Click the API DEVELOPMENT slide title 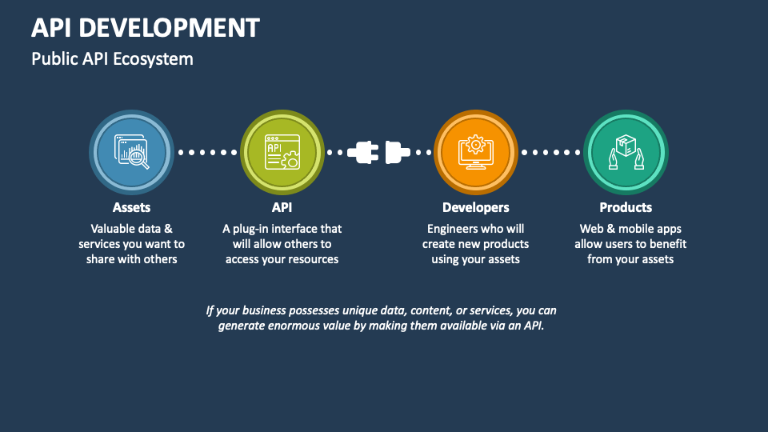[146, 27]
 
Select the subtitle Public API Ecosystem [112, 58]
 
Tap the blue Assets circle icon [131, 152]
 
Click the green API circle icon [282, 152]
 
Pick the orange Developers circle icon [475, 152]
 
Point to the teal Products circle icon [626, 152]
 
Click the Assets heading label [131, 207]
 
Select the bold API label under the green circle [282, 207]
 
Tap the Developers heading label [475, 208]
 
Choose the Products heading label [626, 207]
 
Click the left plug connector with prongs [363, 152]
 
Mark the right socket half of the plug [398, 152]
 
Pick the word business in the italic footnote [263, 310]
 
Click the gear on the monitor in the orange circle [475, 145]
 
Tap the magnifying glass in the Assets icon [139, 159]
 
